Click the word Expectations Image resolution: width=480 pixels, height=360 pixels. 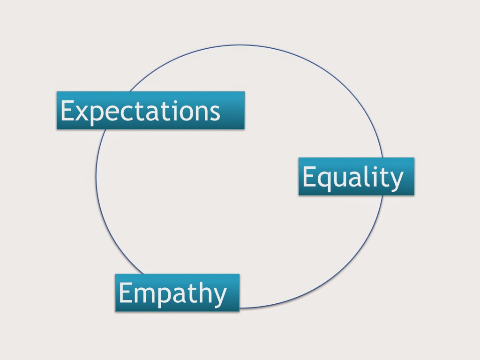(140, 112)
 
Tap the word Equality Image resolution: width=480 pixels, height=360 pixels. (352, 178)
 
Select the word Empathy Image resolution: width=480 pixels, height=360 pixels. (172, 293)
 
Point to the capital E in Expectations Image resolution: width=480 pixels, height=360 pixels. (67, 110)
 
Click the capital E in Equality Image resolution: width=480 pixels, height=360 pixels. (309, 176)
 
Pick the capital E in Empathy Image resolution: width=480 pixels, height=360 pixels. (125, 292)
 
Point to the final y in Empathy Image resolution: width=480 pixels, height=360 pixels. (219, 297)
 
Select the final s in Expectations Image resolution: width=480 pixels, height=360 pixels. (215, 113)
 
